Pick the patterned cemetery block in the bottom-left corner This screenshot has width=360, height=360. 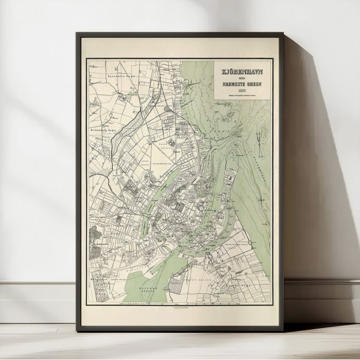pyautogui.click(x=97, y=283)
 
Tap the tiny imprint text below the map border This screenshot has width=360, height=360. pyautogui.click(x=179, y=308)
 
